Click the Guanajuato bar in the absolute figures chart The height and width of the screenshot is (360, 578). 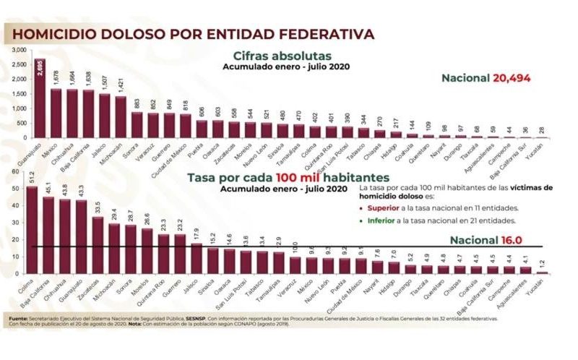click(x=40, y=98)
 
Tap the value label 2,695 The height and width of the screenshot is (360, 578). click(x=40, y=69)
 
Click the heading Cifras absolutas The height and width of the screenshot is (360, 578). click(x=282, y=56)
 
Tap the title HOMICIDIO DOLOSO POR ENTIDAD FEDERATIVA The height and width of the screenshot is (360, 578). click(x=194, y=33)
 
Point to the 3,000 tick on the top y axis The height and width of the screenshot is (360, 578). click(x=20, y=49)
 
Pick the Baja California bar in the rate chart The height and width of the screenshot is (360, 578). click(x=48, y=235)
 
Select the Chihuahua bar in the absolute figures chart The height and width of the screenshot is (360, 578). click(x=72, y=113)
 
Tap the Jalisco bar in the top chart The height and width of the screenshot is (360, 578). click(x=104, y=116)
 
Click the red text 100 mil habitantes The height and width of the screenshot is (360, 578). click(x=329, y=177)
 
